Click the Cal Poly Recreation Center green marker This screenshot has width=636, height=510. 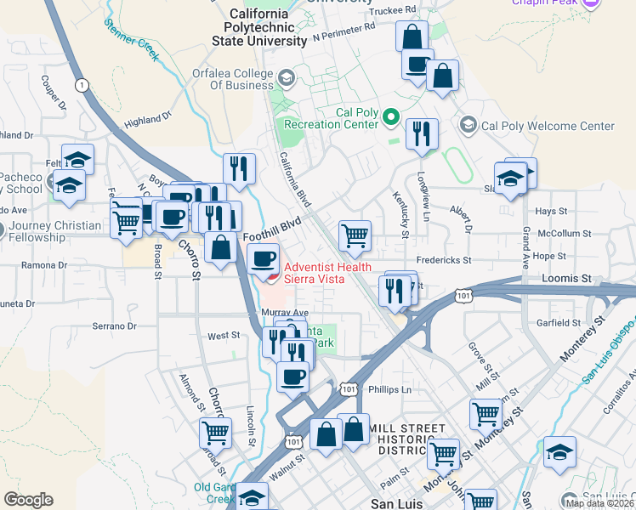coord(391,116)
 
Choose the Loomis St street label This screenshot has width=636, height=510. coord(566,278)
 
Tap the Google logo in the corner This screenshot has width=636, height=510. coord(28,500)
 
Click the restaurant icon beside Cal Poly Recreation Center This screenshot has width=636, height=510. coord(422,133)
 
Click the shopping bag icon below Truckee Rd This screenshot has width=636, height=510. coord(412,37)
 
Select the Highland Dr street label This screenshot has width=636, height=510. coord(148,122)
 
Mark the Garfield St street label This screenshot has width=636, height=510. coord(559,323)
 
